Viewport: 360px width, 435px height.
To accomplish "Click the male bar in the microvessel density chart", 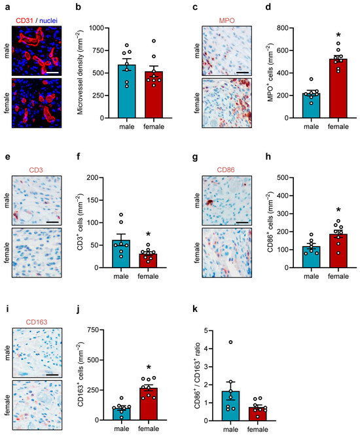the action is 127,92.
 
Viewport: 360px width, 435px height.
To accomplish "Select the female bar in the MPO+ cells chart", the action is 338,88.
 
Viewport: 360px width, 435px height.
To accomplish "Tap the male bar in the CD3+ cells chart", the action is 121,254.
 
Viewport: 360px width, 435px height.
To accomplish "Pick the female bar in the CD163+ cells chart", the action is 149,404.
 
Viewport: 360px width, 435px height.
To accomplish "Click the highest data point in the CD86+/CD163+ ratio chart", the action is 230,342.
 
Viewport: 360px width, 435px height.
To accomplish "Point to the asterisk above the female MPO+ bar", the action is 338,35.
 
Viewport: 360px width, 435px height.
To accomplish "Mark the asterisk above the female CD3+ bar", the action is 148,234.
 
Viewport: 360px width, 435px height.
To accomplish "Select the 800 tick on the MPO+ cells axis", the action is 284,28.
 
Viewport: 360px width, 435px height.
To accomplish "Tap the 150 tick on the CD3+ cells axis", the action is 94,200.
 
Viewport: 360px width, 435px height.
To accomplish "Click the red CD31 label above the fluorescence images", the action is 24,20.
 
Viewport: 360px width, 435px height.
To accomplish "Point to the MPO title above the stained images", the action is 226,20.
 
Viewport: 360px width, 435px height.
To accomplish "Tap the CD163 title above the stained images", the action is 37,322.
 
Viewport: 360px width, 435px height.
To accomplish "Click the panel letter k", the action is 195,309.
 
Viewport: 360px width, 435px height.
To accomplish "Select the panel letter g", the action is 195,157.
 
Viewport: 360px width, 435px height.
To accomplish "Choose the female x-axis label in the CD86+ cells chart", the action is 338,276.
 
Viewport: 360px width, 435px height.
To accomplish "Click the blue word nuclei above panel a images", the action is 48,20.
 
